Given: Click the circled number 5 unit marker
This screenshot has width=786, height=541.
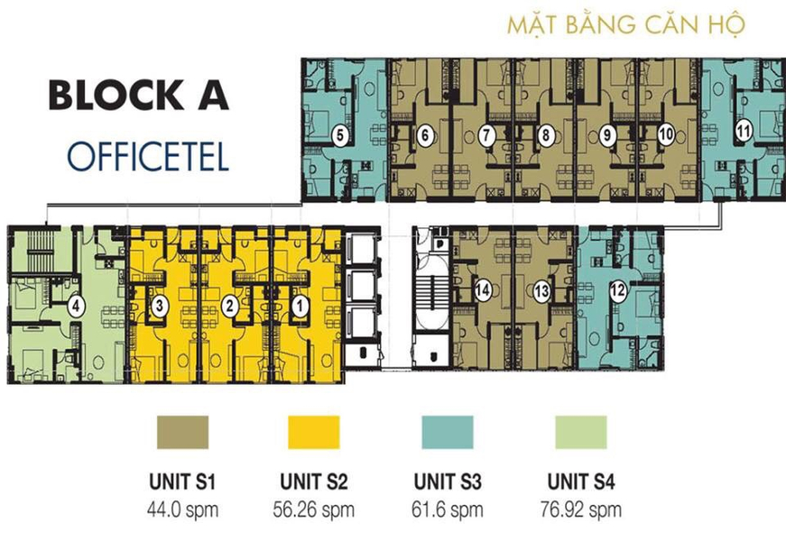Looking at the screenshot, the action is pos(340,135).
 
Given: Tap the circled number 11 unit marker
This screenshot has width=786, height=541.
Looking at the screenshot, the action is pos(744,132).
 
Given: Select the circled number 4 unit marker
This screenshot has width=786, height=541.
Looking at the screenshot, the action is pos(76,306).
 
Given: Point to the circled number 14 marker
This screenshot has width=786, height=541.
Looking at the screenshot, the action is pos(483,290).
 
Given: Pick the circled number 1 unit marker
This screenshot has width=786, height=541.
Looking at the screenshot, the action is pos(300,306).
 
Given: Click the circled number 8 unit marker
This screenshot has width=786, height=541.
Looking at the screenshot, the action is pos(545,134).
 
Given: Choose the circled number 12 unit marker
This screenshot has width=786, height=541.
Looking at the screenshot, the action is pos(618,290).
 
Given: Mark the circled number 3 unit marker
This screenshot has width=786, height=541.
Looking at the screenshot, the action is pos(160,306).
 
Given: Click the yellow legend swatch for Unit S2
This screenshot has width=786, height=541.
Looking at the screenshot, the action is pos(314,432).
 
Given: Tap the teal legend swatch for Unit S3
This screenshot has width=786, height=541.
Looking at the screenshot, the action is pos(448,432).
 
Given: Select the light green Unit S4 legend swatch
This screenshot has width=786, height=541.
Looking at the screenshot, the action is pos(581,432).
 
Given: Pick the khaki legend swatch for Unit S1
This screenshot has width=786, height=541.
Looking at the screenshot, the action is pos(182,432).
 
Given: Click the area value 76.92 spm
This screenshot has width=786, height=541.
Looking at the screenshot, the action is pos(581,510).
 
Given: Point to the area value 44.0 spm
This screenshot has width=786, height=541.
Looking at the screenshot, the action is pos(182,510).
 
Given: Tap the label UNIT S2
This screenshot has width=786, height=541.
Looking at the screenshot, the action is pos(314,481).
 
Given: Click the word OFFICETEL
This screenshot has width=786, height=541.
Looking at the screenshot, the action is pos(148,156).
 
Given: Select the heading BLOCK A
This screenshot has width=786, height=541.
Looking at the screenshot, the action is pos(139,96).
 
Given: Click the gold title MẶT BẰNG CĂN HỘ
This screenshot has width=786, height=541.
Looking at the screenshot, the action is pos(626,25).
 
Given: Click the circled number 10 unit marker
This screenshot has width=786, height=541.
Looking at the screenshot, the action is pos(666,134).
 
